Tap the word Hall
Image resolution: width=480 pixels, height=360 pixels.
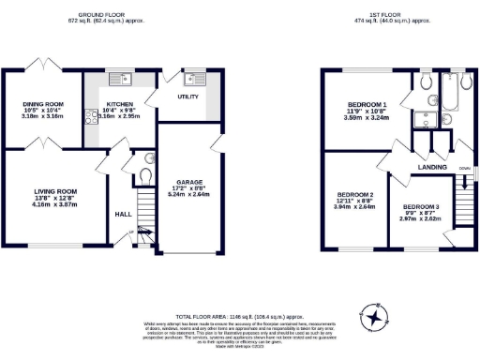pyautogui.click(x=122, y=213)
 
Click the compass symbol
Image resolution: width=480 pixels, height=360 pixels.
pyautogui.click(x=375, y=321)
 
